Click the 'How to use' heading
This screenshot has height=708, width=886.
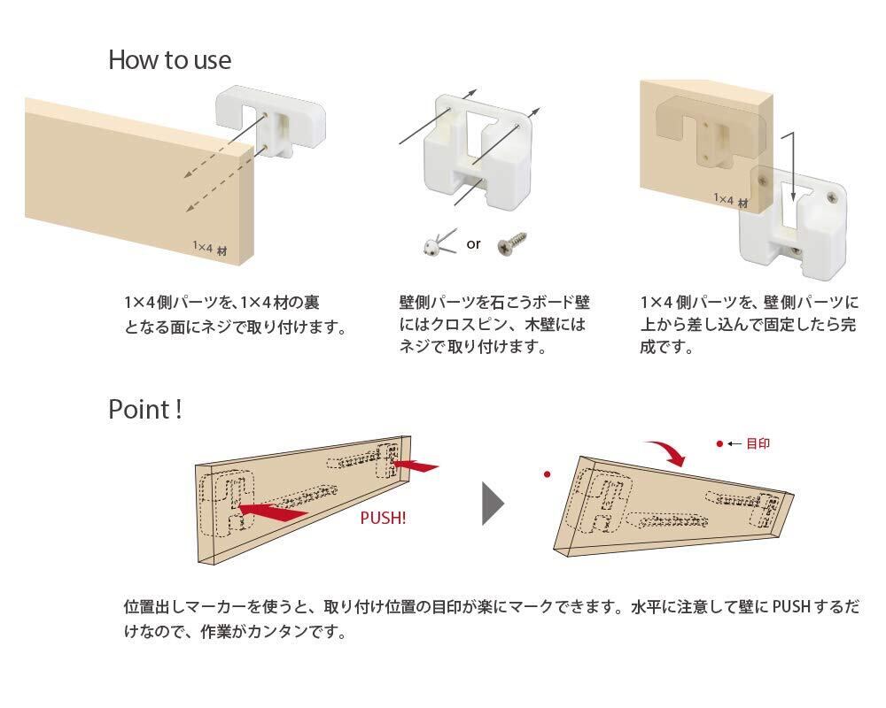click(x=169, y=60)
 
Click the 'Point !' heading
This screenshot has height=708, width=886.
click(x=145, y=410)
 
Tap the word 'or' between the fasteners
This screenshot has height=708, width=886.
click(x=474, y=243)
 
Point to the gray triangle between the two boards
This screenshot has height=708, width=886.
click(x=492, y=504)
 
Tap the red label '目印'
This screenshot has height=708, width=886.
click(x=758, y=443)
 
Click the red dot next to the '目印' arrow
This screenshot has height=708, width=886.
click(x=719, y=442)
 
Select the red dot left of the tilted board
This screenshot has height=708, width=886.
click(x=548, y=475)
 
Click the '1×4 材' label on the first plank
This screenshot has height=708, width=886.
click(x=210, y=249)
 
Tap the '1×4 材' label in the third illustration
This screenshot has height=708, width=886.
click(x=731, y=201)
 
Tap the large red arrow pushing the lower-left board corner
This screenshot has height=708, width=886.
click(x=273, y=508)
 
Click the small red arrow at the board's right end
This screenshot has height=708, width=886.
click(x=414, y=464)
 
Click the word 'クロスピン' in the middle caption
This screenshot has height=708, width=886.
click(x=480, y=324)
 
